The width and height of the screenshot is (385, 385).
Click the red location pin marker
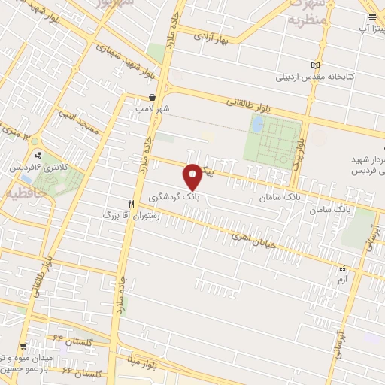(193, 175)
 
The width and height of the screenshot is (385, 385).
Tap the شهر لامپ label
(153, 108)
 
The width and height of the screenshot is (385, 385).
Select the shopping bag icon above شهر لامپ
(153, 97)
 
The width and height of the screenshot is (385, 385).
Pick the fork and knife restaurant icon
(131, 203)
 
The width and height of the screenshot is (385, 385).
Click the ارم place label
(342, 278)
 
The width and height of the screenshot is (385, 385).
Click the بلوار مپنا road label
(144, 363)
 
